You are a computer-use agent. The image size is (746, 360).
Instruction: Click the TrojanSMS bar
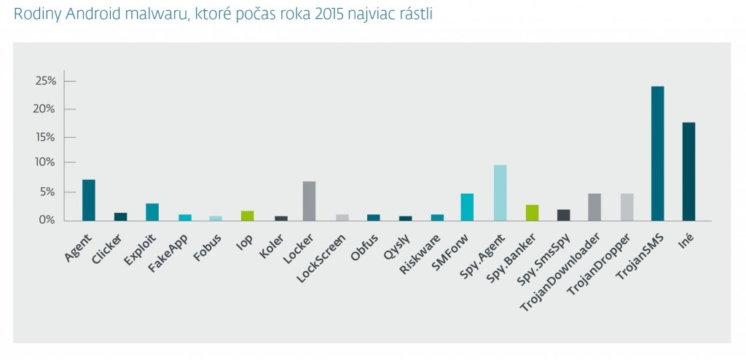[x=657, y=153]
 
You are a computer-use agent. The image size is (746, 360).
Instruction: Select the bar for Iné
[x=688, y=171]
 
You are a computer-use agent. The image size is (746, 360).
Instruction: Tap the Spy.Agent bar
[x=500, y=192]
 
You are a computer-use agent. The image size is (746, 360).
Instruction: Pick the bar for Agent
[x=88, y=200]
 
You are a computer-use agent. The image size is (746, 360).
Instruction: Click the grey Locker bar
[x=309, y=200]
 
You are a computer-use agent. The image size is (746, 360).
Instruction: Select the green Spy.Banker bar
[x=532, y=212]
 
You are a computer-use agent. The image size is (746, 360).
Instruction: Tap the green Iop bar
[x=247, y=215]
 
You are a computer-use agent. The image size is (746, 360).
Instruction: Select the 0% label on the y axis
[x=47, y=219]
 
